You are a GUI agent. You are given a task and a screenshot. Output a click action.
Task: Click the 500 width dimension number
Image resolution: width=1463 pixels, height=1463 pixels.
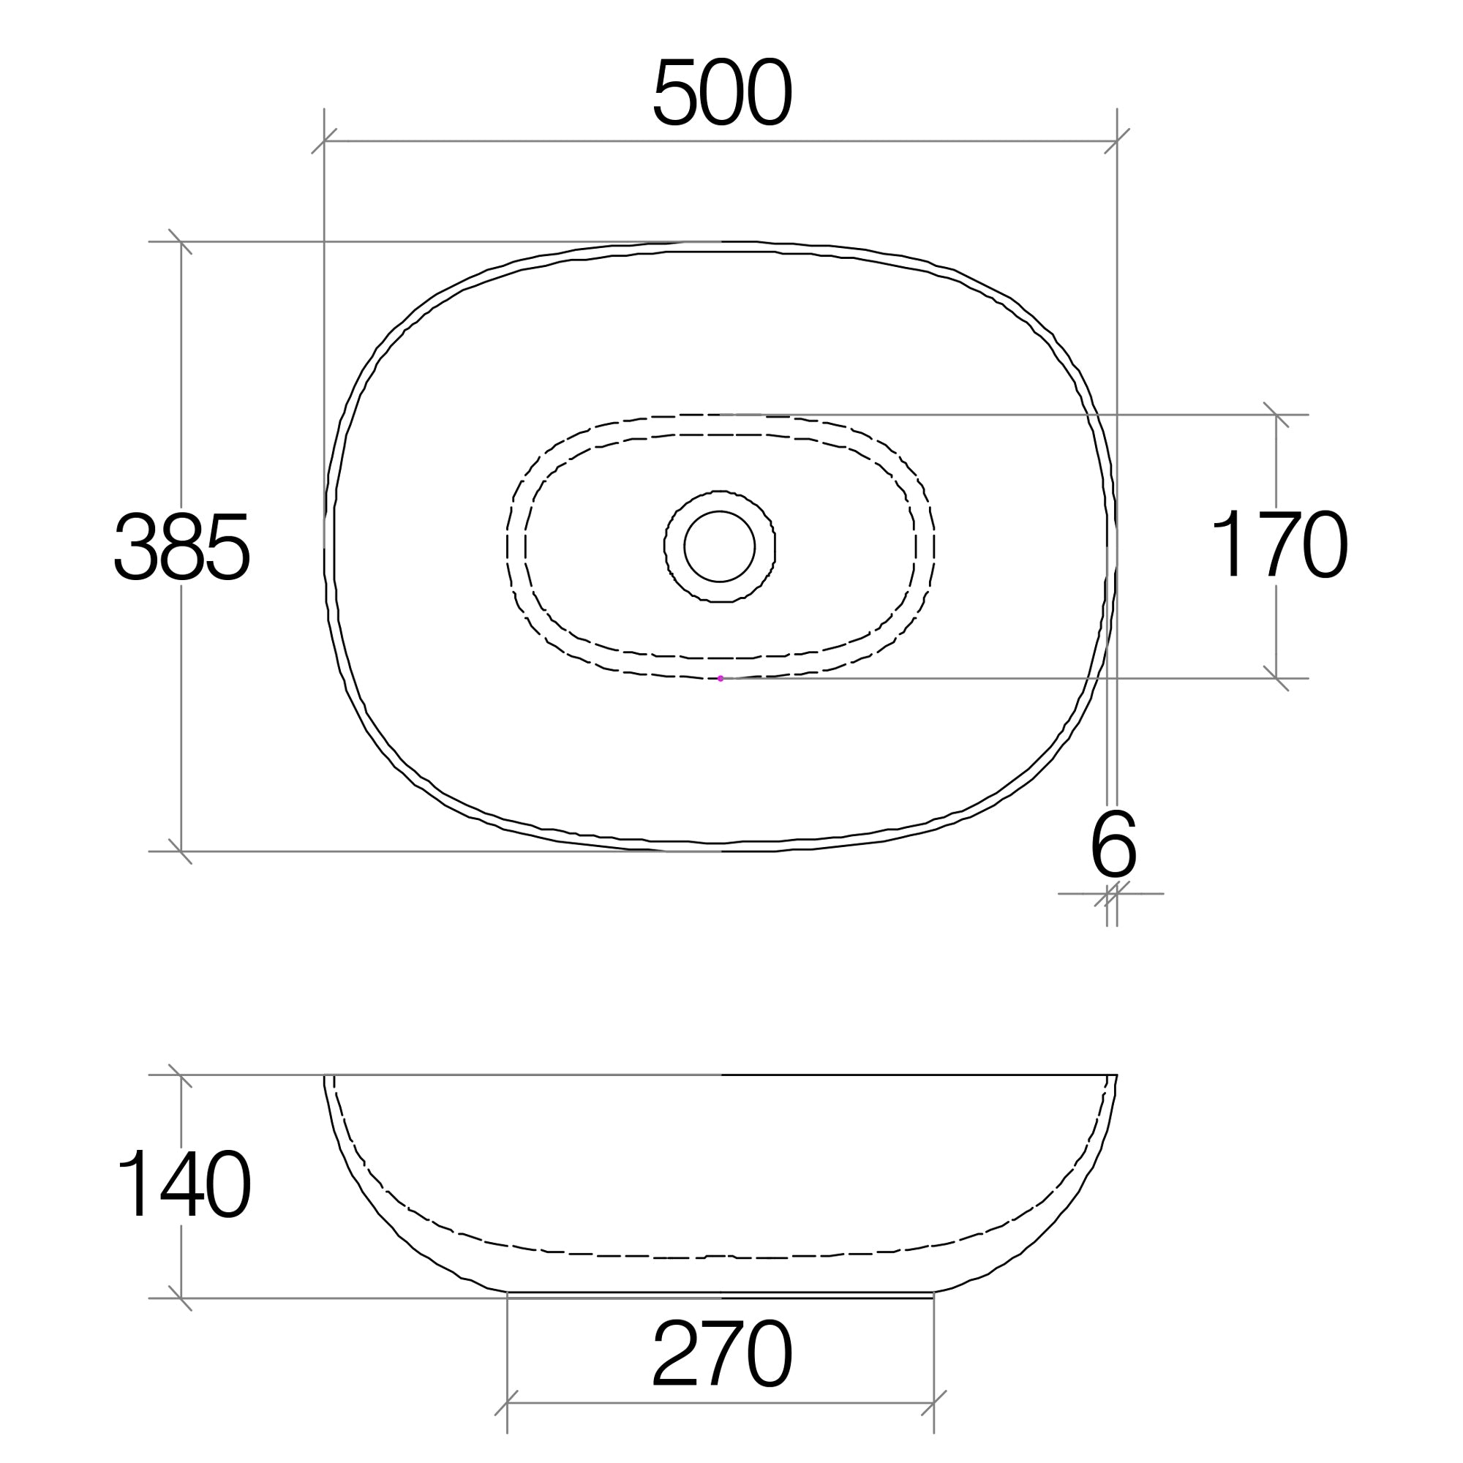(722, 93)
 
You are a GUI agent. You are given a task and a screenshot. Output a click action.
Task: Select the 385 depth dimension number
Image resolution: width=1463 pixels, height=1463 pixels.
(181, 547)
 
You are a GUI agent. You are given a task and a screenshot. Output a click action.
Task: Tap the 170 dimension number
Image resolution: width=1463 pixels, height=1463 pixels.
(1279, 543)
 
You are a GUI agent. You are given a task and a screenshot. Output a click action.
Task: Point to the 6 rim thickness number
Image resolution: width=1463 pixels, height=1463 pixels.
(1113, 846)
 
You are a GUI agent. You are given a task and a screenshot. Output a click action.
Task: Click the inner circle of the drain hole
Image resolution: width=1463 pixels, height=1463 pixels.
(719, 546)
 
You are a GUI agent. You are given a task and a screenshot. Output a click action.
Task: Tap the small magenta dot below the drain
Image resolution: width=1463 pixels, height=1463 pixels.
(720, 679)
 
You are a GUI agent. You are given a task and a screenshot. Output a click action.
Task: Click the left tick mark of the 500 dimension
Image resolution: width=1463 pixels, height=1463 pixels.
(324, 141)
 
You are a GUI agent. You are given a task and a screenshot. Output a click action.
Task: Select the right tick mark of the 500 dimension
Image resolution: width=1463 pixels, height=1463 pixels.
(1117, 141)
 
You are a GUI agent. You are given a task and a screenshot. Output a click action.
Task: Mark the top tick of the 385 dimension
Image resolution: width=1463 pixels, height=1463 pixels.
(180, 241)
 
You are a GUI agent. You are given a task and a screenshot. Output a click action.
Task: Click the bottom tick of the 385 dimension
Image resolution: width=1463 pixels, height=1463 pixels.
(180, 851)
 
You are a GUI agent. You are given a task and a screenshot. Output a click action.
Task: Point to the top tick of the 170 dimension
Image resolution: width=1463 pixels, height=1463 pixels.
(1276, 415)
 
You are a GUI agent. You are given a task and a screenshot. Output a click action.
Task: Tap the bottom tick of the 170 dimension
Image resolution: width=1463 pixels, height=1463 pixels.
(1276, 679)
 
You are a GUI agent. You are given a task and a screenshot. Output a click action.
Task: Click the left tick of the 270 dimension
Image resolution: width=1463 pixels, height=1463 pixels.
(507, 1403)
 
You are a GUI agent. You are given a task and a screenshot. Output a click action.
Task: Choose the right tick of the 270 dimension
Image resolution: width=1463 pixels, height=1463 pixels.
(933, 1403)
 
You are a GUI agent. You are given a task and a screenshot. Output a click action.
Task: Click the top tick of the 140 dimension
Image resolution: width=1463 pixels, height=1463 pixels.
(180, 1075)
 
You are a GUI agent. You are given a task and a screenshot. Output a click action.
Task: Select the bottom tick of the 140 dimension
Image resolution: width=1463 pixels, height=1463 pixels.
(180, 1298)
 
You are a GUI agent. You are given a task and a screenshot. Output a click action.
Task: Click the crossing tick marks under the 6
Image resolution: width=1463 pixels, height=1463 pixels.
(1112, 894)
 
